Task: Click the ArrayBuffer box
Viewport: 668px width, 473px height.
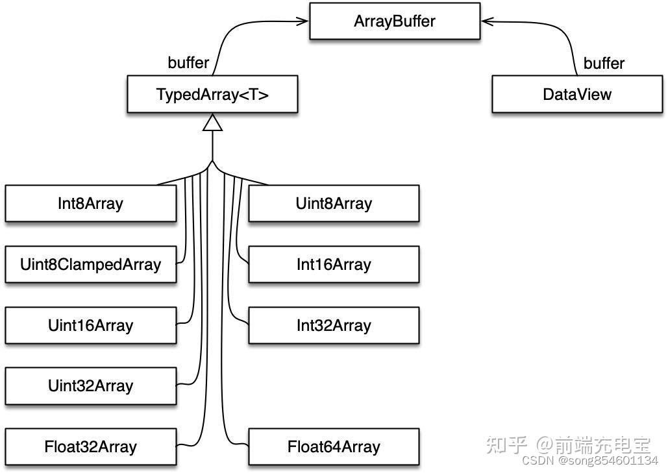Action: click(394, 21)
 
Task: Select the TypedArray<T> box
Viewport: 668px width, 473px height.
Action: click(212, 95)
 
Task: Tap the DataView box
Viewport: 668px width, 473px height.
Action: click(576, 95)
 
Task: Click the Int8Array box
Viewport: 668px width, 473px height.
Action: click(90, 204)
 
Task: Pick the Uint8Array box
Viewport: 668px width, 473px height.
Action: click(334, 204)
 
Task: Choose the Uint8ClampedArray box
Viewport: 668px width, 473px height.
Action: click(90, 265)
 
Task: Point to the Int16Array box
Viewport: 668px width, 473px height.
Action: click(334, 265)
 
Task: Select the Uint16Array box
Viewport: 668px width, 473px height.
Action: click(90, 325)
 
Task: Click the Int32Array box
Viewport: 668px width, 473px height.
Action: click(334, 325)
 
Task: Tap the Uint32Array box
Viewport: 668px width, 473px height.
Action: click(90, 386)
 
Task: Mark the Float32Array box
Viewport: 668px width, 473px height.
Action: click(90, 447)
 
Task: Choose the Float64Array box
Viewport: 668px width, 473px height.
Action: click(334, 447)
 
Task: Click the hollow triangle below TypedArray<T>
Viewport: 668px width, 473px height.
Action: click(212, 123)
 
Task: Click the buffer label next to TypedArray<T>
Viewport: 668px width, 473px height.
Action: click(188, 63)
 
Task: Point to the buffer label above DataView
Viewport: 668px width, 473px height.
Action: click(604, 64)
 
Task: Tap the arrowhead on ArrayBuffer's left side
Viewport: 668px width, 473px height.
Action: click(303, 21)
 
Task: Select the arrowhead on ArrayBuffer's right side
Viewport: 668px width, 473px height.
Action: click(487, 21)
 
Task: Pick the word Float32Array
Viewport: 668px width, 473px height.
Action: click(90, 447)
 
